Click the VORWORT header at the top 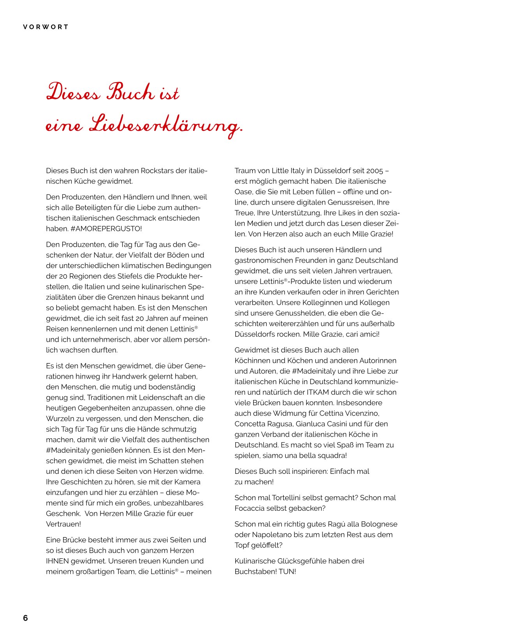click(46, 27)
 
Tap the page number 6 click(25, 618)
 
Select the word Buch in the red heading click(130, 92)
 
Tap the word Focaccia click(249, 508)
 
